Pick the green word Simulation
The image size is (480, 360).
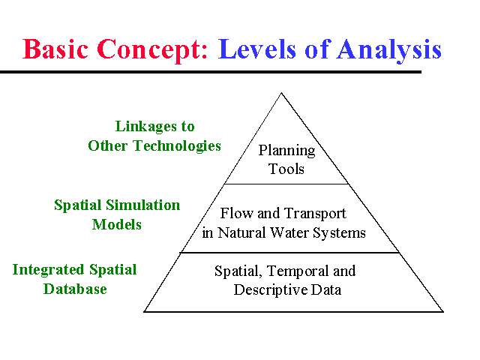tap(145, 205)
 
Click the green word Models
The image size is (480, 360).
tap(117, 223)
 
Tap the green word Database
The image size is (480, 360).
tap(75, 288)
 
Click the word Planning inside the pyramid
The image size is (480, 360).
tap(286, 151)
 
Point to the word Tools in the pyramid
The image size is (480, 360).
tap(286, 169)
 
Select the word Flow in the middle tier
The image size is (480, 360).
tap(235, 214)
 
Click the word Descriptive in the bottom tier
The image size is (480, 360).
tap(271, 289)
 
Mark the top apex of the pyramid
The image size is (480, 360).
tap(281, 93)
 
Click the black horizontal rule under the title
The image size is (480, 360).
tap(210, 72)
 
